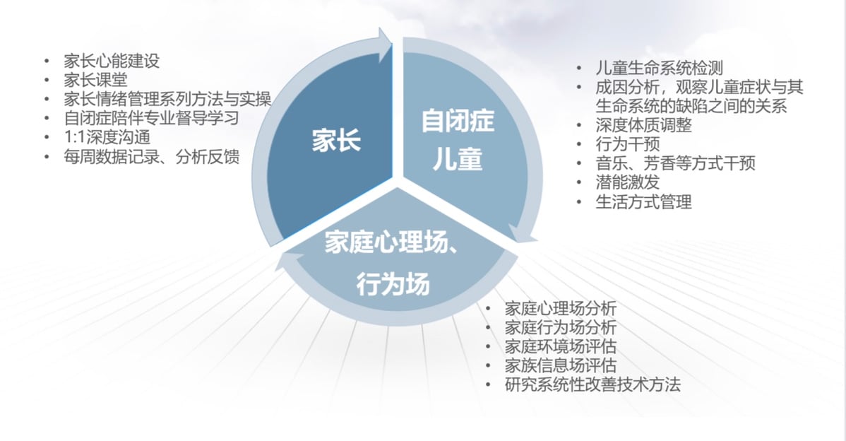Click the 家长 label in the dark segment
pos(336,141)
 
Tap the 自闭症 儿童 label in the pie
pos(458,140)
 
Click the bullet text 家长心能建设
pos(112,61)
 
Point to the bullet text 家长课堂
pos(95,80)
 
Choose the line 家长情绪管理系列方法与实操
pos(167,99)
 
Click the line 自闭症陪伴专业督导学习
pos(151,118)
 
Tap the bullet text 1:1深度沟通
pos(107,137)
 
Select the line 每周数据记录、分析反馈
pos(152,156)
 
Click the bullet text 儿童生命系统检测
pos(660,68)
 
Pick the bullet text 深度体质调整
pos(643,125)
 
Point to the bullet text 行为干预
pos(628,144)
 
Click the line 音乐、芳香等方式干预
pos(676,163)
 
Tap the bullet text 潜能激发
pos(628,182)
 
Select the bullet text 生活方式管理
pos(643,202)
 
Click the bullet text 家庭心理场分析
pos(561,309)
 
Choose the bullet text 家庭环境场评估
pos(561,346)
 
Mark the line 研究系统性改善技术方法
pos(592,384)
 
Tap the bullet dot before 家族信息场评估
pos(488,365)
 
